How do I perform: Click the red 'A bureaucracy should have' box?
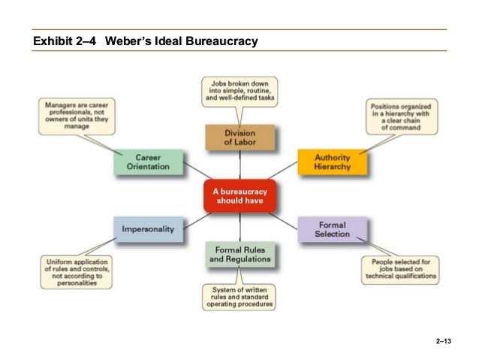tap(240, 196)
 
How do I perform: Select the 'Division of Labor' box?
tap(239, 138)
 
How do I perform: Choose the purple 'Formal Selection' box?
tap(333, 229)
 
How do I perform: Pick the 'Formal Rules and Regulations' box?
tap(239, 254)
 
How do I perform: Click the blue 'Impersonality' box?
tap(148, 229)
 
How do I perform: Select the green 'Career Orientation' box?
tap(148, 162)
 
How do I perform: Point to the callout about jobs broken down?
tap(239, 91)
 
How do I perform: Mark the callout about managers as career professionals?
tap(77, 116)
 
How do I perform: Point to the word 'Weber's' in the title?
tap(128, 40)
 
